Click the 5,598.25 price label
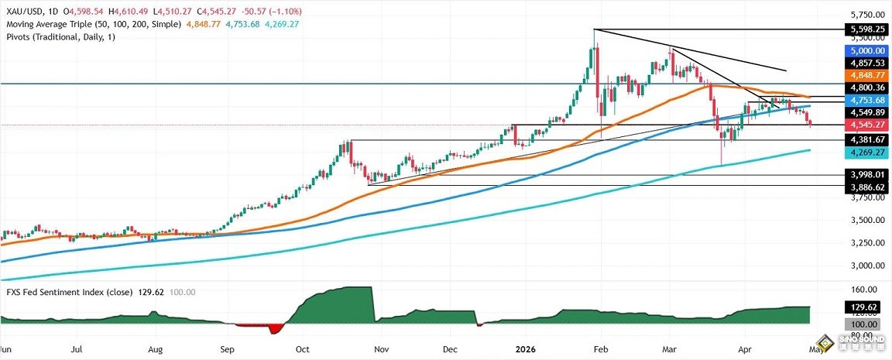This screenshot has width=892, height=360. click(x=865, y=29)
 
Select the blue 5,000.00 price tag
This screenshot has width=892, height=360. click(x=865, y=50)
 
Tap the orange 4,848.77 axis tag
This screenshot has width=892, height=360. click(x=865, y=75)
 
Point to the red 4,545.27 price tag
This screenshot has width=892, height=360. click(x=865, y=124)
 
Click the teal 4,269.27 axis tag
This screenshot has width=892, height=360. click(x=865, y=153)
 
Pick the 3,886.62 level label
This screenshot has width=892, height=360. click(x=865, y=187)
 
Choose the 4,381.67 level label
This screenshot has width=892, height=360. click(x=865, y=139)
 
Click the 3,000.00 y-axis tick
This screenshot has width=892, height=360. click(x=865, y=266)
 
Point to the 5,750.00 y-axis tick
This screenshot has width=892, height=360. click(x=865, y=15)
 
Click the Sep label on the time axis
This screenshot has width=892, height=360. click(x=228, y=349)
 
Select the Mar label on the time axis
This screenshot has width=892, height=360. click(x=670, y=349)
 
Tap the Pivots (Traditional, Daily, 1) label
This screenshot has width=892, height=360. click(x=59, y=37)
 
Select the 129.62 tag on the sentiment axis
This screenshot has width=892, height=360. click(x=865, y=307)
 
